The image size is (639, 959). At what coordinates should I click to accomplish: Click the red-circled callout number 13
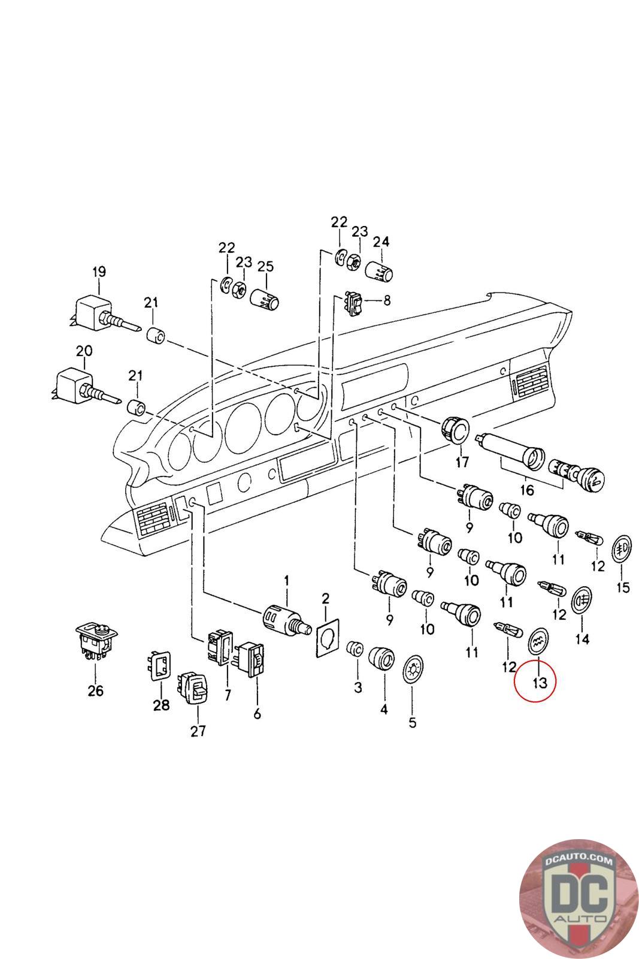click(540, 681)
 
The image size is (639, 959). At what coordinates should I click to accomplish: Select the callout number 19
click(99, 272)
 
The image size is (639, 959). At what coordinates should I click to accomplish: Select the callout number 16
click(526, 490)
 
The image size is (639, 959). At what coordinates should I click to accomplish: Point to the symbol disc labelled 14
click(580, 600)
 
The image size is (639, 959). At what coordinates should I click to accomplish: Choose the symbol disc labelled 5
click(412, 669)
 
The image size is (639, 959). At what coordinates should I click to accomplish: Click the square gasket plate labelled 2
click(326, 641)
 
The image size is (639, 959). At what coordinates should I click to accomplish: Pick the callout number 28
click(161, 705)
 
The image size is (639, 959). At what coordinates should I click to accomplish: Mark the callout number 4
click(383, 710)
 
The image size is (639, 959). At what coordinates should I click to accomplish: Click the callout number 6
click(258, 714)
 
